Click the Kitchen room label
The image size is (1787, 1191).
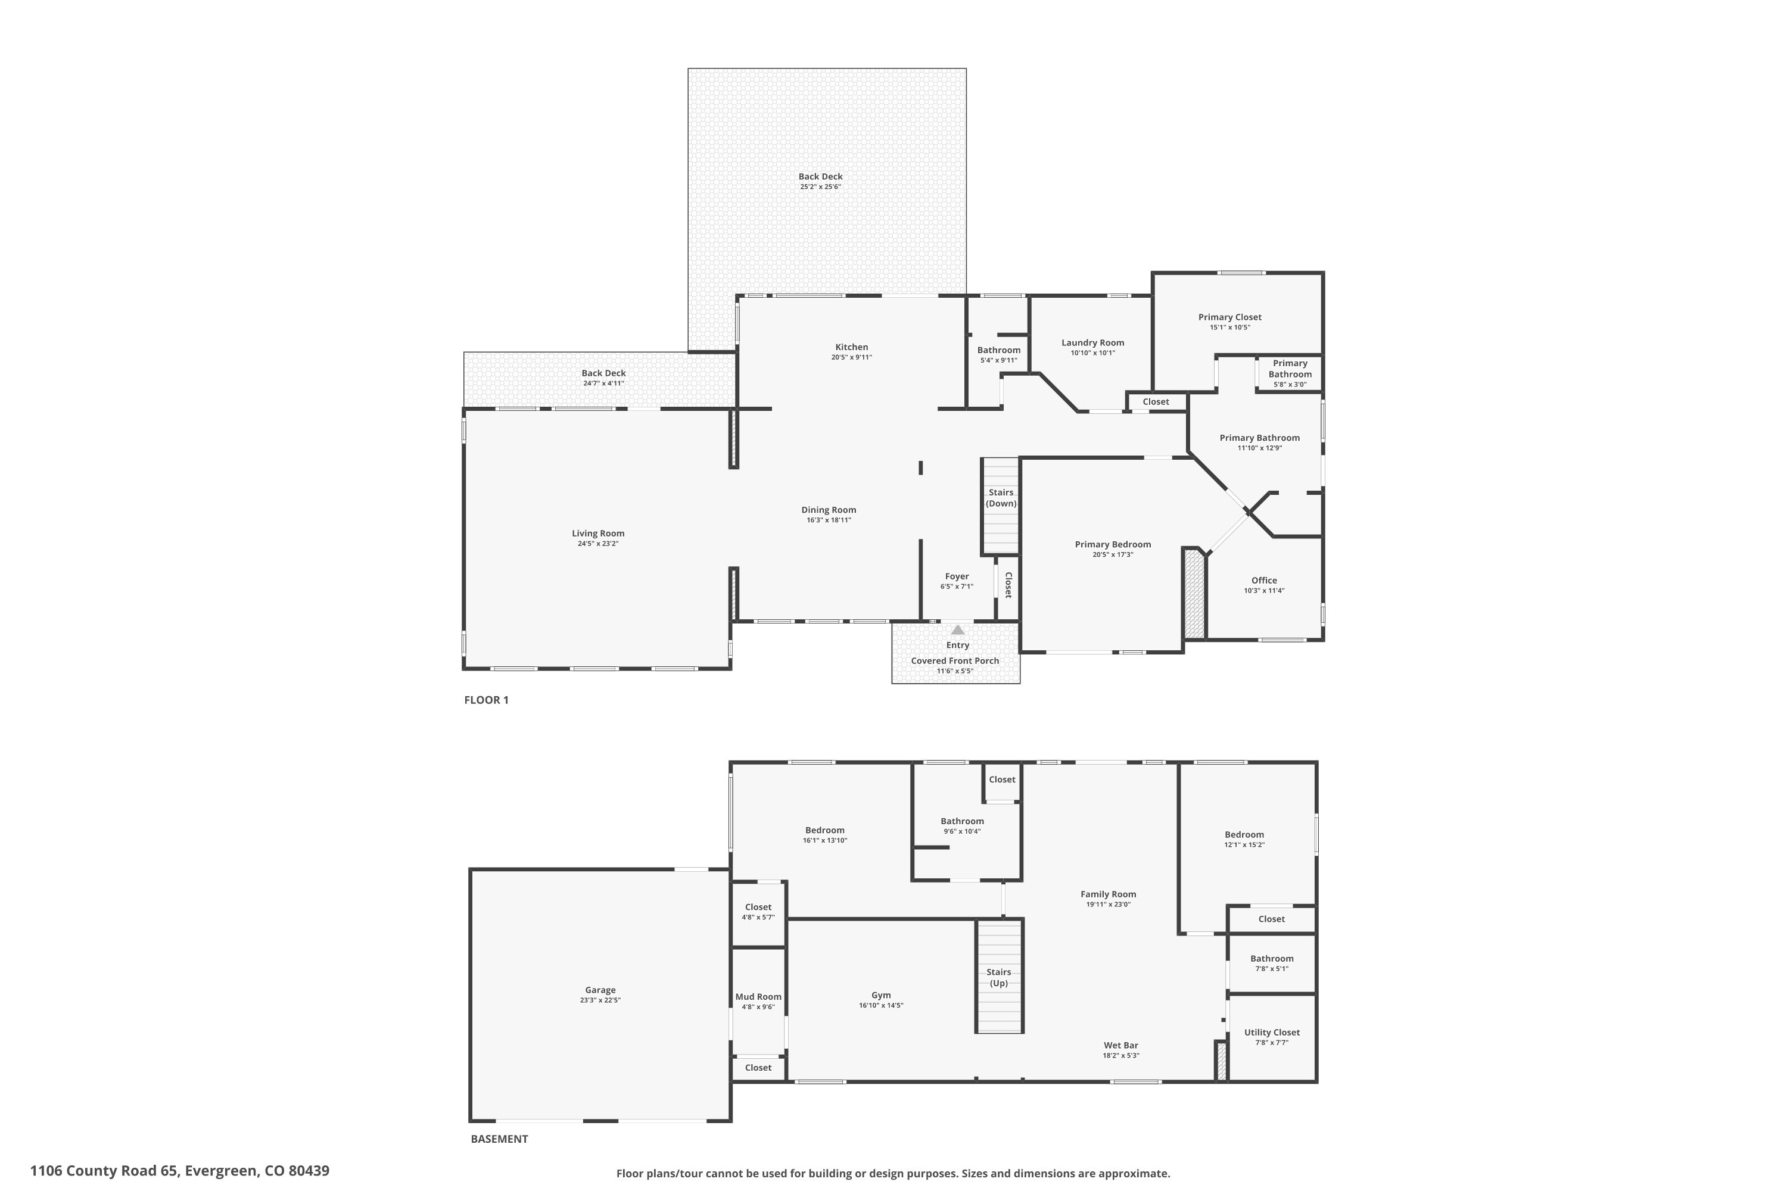pos(851,347)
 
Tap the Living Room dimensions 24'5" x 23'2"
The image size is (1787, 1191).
pos(598,544)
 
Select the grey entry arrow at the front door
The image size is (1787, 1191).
pos(957,629)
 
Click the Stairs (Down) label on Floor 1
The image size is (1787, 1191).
pos(1001,497)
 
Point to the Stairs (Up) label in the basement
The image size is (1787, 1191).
pos(998,978)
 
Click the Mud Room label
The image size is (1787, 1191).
pos(758,996)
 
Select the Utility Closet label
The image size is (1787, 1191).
pos(1271,1032)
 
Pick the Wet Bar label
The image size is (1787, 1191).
pos(1120,1045)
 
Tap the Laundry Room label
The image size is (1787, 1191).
pos(1092,342)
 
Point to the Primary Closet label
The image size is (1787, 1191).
pos(1229,317)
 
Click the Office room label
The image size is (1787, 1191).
pos(1263,580)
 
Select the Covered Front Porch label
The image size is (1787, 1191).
pos(955,661)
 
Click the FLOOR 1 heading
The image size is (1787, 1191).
pos(486,700)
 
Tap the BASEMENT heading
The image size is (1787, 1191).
pos(499,1139)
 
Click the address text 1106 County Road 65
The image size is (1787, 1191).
pos(104,1171)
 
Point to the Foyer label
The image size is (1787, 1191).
pos(957,576)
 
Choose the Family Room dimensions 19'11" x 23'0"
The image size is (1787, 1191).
pos(1108,905)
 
